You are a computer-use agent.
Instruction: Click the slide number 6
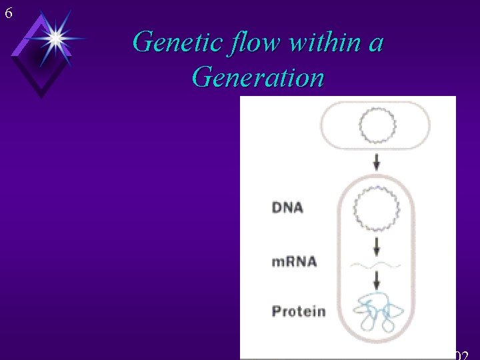tap(8, 11)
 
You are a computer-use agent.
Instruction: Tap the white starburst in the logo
tap(55, 39)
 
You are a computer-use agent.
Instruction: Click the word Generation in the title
tap(257, 77)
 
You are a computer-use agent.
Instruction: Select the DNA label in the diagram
tap(287, 207)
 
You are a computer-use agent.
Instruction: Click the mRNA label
tap(294, 261)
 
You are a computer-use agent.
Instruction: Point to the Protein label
tap(299, 311)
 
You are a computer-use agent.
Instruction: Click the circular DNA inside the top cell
tap(377, 125)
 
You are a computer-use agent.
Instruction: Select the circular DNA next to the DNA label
tap(377, 207)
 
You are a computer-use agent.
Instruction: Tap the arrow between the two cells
tap(377, 161)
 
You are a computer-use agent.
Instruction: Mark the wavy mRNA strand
tap(377, 265)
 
